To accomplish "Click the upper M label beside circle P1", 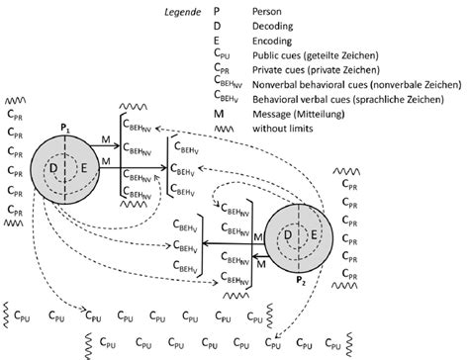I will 105,143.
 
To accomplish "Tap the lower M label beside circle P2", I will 259,262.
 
